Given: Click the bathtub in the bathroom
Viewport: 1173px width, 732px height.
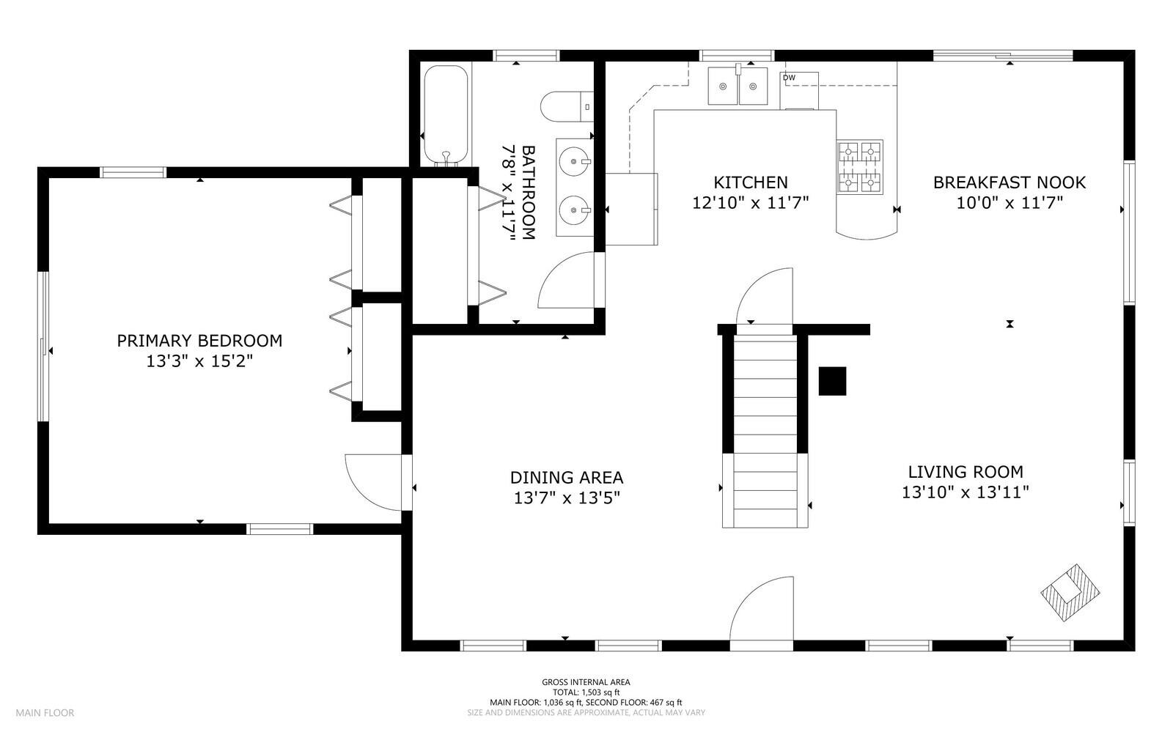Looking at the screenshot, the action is coord(446,116).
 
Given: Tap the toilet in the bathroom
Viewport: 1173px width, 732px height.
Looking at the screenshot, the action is coord(567,106).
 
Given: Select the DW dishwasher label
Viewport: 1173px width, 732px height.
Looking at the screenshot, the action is coord(789,78).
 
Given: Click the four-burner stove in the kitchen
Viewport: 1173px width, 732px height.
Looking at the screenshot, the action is coord(860,167).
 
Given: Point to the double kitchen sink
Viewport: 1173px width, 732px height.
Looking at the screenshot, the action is coord(738,86).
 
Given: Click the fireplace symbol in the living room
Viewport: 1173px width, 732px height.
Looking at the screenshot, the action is coord(1070,592).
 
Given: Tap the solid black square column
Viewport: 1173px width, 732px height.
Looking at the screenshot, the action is coord(833,381).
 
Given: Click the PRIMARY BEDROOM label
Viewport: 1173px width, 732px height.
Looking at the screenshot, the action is coord(199,341).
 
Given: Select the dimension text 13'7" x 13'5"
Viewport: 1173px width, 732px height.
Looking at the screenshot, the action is coord(567,498).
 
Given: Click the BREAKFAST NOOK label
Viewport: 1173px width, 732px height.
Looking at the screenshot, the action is coord(1010,182).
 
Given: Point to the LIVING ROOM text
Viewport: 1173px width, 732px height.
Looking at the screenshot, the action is coord(966,471).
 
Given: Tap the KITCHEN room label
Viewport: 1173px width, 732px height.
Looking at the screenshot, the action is coord(751,182).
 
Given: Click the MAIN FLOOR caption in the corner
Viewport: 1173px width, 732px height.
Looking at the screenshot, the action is coord(45,713).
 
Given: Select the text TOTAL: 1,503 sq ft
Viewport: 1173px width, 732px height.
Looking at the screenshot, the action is coord(586,692).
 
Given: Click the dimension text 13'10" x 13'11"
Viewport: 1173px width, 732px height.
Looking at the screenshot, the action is coord(966,492).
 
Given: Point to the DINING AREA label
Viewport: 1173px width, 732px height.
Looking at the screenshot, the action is coord(567,477).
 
